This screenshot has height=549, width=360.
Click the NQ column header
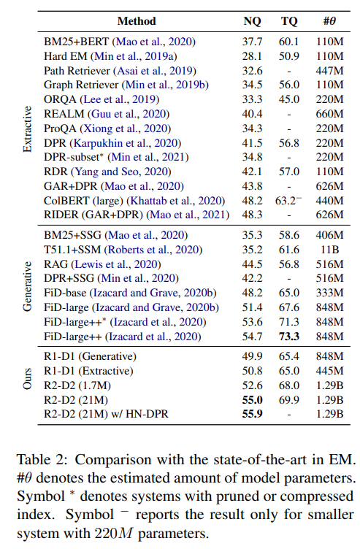click(252, 21)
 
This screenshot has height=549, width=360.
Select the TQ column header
click(289, 21)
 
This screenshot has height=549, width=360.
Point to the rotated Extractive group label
click(28, 128)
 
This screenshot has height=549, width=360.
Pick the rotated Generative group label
click(28, 285)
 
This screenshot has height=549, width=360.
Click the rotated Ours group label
click(28, 386)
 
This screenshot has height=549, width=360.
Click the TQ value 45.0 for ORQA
click(289, 99)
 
